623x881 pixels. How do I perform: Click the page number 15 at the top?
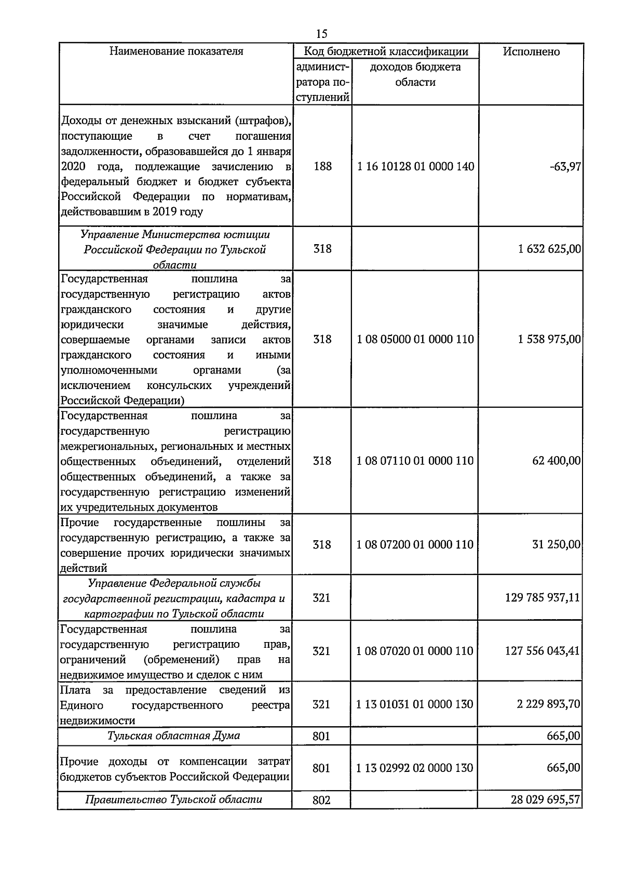coord(321,34)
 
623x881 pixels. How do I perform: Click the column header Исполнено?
coord(531,51)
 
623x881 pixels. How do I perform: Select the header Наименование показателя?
coord(176,51)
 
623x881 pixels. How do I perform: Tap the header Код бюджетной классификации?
coord(386,51)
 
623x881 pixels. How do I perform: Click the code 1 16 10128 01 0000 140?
coord(415,167)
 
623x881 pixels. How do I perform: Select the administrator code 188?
coord(322,167)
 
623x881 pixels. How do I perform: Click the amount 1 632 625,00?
coord(549,249)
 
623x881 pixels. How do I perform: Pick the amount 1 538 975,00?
coord(549,339)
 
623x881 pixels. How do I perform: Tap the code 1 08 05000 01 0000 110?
coord(415,339)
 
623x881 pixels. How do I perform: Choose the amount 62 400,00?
coord(556,461)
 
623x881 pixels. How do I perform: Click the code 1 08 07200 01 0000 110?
coord(415,544)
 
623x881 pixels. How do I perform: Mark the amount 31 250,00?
coord(556,544)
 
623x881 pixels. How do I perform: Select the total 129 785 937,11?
coord(542,598)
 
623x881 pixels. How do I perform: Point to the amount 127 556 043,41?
coord(542,651)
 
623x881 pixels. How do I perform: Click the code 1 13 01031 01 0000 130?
coord(414,704)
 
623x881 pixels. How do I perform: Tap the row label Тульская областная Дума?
coord(174,736)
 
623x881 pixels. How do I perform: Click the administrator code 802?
coord(321,800)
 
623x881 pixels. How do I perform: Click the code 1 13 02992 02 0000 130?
coord(414,768)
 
